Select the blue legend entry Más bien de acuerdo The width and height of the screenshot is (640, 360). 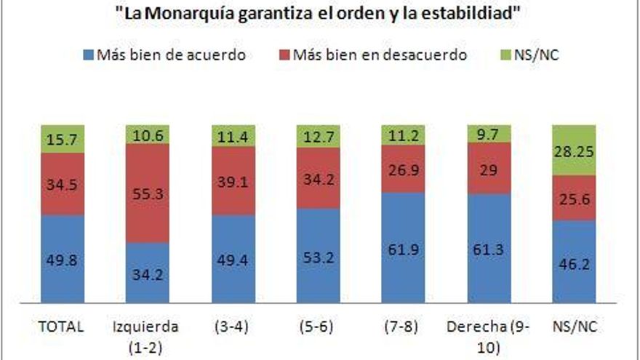pos(164,55)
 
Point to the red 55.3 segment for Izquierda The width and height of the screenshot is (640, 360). pos(148,193)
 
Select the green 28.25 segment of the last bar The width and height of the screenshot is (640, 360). pos(574,150)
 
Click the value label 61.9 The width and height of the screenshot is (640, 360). pos(404,253)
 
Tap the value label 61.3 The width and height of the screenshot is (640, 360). pos(489,253)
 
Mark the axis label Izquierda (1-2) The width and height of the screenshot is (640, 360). pos(148,336)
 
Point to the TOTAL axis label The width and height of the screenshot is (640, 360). pos(61,327)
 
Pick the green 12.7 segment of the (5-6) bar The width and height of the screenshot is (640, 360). pos(319,136)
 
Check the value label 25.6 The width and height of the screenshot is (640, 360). pos(574,198)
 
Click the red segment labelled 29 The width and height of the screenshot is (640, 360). pos(489,169)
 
